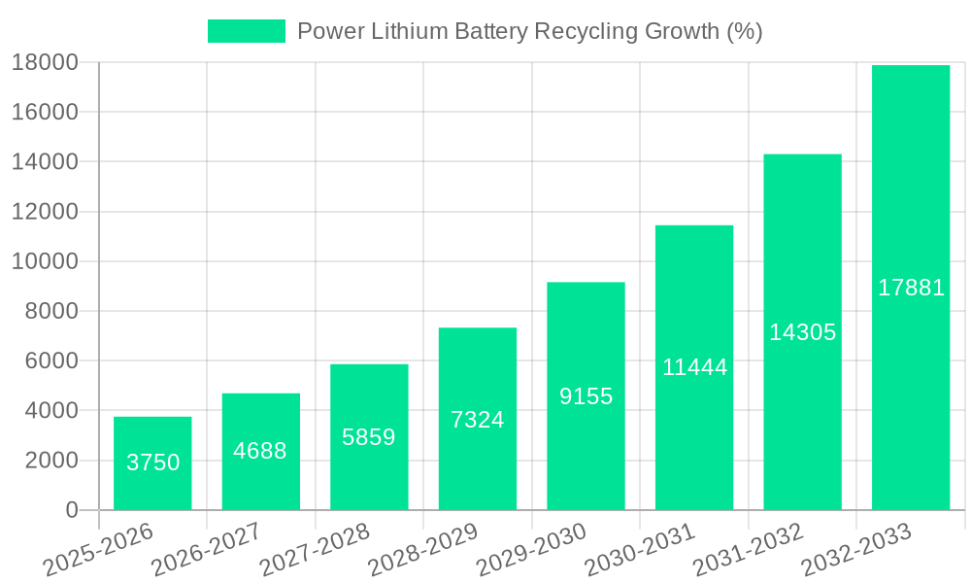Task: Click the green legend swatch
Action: (x=246, y=31)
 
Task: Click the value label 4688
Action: (x=260, y=451)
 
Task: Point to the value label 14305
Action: (x=802, y=332)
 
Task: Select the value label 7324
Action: (x=478, y=420)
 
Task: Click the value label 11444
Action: (x=694, y=367)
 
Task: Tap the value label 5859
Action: (x=369, y=437)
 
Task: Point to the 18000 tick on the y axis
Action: (x=45, y=63)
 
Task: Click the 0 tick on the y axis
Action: (x=71, y=510)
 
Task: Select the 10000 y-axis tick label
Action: (x=45, y=261)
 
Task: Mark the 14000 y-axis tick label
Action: (x=45, y=162)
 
